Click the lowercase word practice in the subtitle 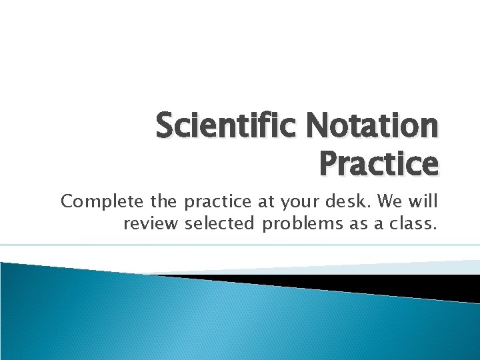click(x=218, y=202)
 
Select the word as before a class click(x=364, y=225)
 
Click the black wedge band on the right click(x=400, y=284)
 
